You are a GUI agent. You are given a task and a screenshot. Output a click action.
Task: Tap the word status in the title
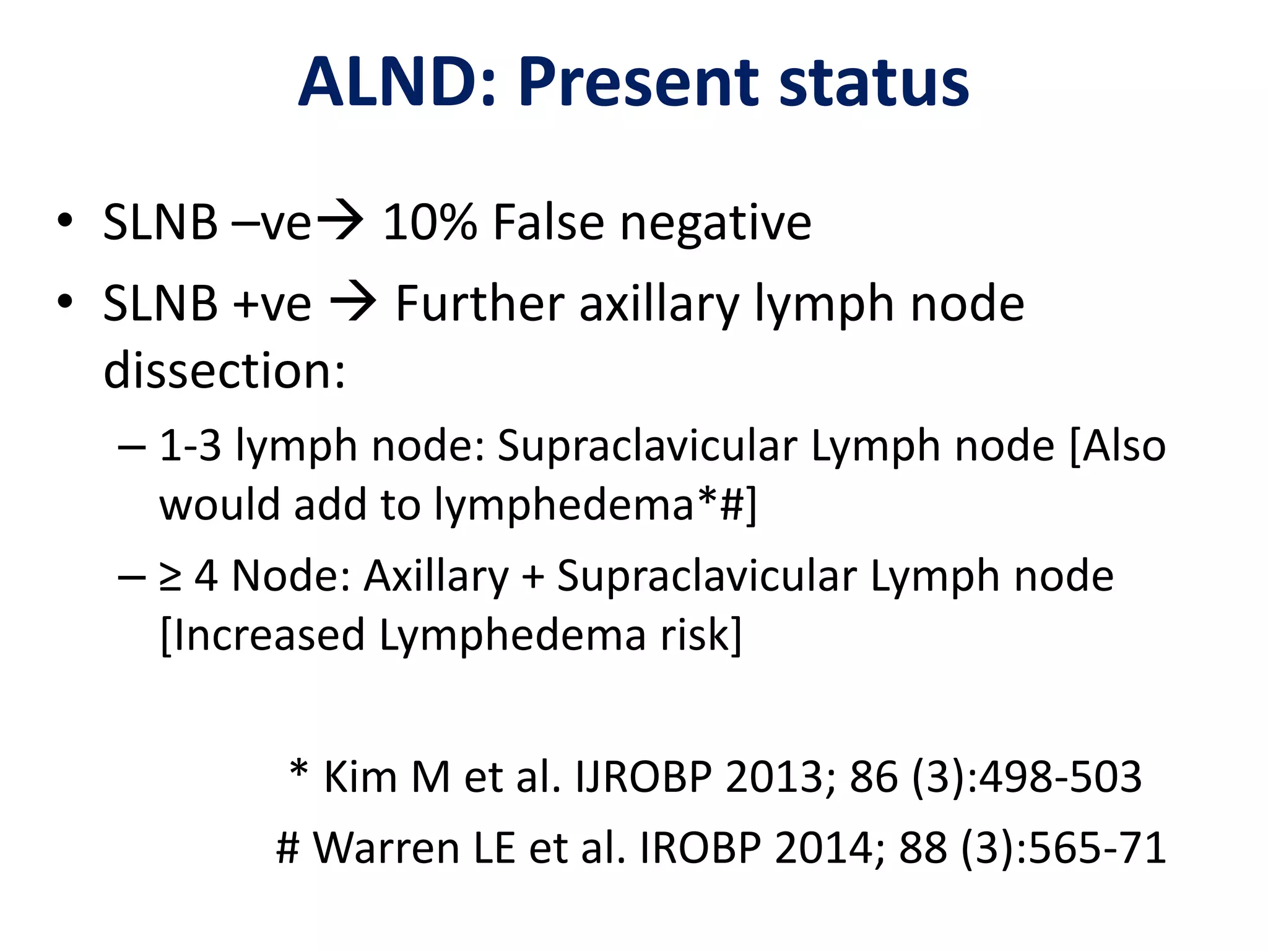874,82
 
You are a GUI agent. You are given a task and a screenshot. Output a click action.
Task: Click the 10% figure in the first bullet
430,222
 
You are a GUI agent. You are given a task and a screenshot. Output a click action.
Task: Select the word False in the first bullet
548,222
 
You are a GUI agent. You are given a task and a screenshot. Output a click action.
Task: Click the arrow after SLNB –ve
340,221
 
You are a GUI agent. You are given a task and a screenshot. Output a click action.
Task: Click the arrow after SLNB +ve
354,303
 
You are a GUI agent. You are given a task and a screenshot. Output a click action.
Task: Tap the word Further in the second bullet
479,303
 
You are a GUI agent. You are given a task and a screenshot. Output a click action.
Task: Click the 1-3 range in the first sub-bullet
191,446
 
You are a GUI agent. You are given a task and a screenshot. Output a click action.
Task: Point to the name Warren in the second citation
386,847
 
